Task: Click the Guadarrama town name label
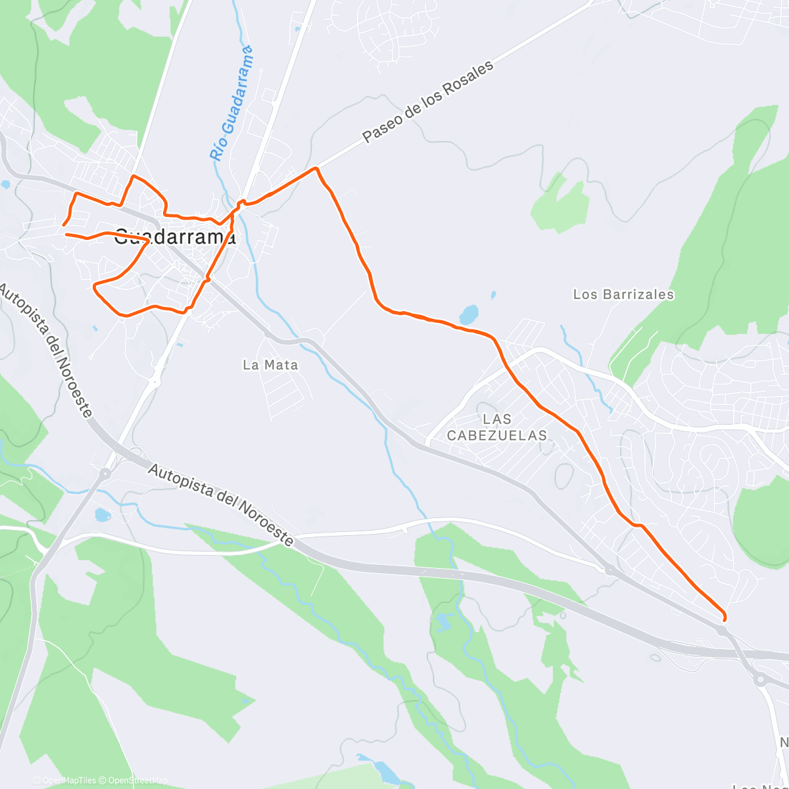[175, 237]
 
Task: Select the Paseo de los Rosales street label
[427, 103]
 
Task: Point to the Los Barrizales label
[623, 295]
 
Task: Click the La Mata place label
[270, 365]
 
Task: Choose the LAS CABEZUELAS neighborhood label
[497, 427]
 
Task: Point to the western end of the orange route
[64, 226]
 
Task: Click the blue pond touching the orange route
[469, 314]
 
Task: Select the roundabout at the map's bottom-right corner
[761, 680]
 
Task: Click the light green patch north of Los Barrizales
[559, 201]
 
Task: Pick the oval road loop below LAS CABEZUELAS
[563, 475]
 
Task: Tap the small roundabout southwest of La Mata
[155, 379]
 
